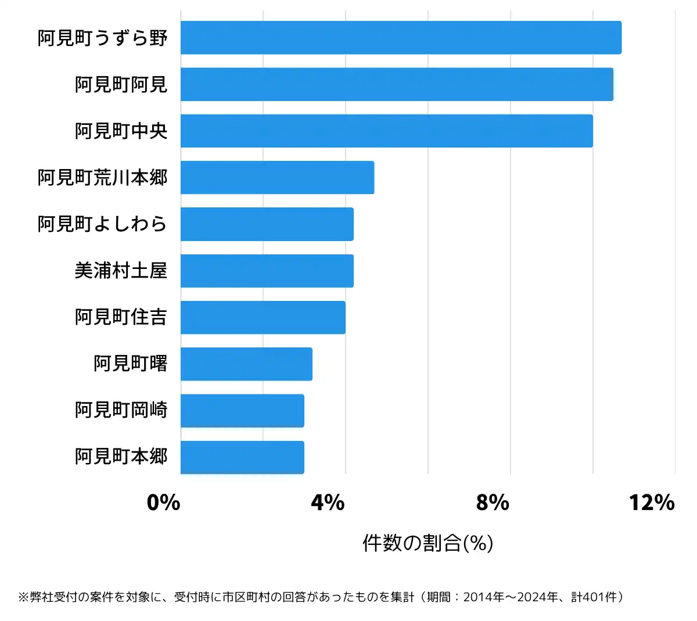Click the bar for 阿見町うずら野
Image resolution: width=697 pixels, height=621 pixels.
pos(401,38)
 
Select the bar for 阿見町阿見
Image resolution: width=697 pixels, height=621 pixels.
pos(397,84)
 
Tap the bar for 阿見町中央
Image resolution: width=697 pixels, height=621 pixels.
pos(386,131)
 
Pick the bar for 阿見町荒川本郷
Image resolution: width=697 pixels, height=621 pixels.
pos(277,177)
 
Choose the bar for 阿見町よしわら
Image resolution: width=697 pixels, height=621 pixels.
pos(267,224)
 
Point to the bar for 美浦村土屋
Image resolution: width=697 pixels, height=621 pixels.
pos(267,271)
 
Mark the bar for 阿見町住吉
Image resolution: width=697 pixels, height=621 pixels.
pos(263,317)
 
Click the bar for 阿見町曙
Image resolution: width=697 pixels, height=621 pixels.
pos(246,364)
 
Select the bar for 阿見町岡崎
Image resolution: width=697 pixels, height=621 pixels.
pos(242,411)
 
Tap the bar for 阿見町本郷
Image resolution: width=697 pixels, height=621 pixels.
pos(242,457)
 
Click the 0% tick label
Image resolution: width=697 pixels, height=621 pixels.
pos(163,502)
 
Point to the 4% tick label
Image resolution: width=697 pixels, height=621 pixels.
pos(328,502)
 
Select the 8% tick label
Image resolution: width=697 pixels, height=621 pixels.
pos(493,502)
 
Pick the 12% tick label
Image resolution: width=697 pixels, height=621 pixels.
pos(652,502)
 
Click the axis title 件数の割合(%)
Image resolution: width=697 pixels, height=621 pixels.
pos(428,543)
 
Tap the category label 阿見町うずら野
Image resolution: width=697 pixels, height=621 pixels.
pos(103,38)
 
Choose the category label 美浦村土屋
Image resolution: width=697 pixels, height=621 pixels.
pos(121,271)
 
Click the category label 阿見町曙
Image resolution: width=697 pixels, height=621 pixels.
pos(131,364)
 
